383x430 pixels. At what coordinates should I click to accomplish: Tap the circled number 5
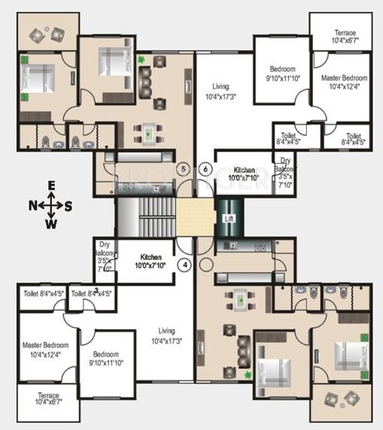point(183,169)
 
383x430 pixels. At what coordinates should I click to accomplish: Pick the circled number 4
point(183,264)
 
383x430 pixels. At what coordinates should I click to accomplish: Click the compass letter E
point(50,185)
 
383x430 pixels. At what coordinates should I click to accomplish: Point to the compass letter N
point(32,204)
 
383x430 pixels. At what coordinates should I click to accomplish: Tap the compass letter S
point(68,204)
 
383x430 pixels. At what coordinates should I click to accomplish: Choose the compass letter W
point(50,223)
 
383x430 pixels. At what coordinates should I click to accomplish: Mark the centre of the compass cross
point(50,204)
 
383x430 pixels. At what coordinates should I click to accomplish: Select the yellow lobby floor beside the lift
point(195,218)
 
